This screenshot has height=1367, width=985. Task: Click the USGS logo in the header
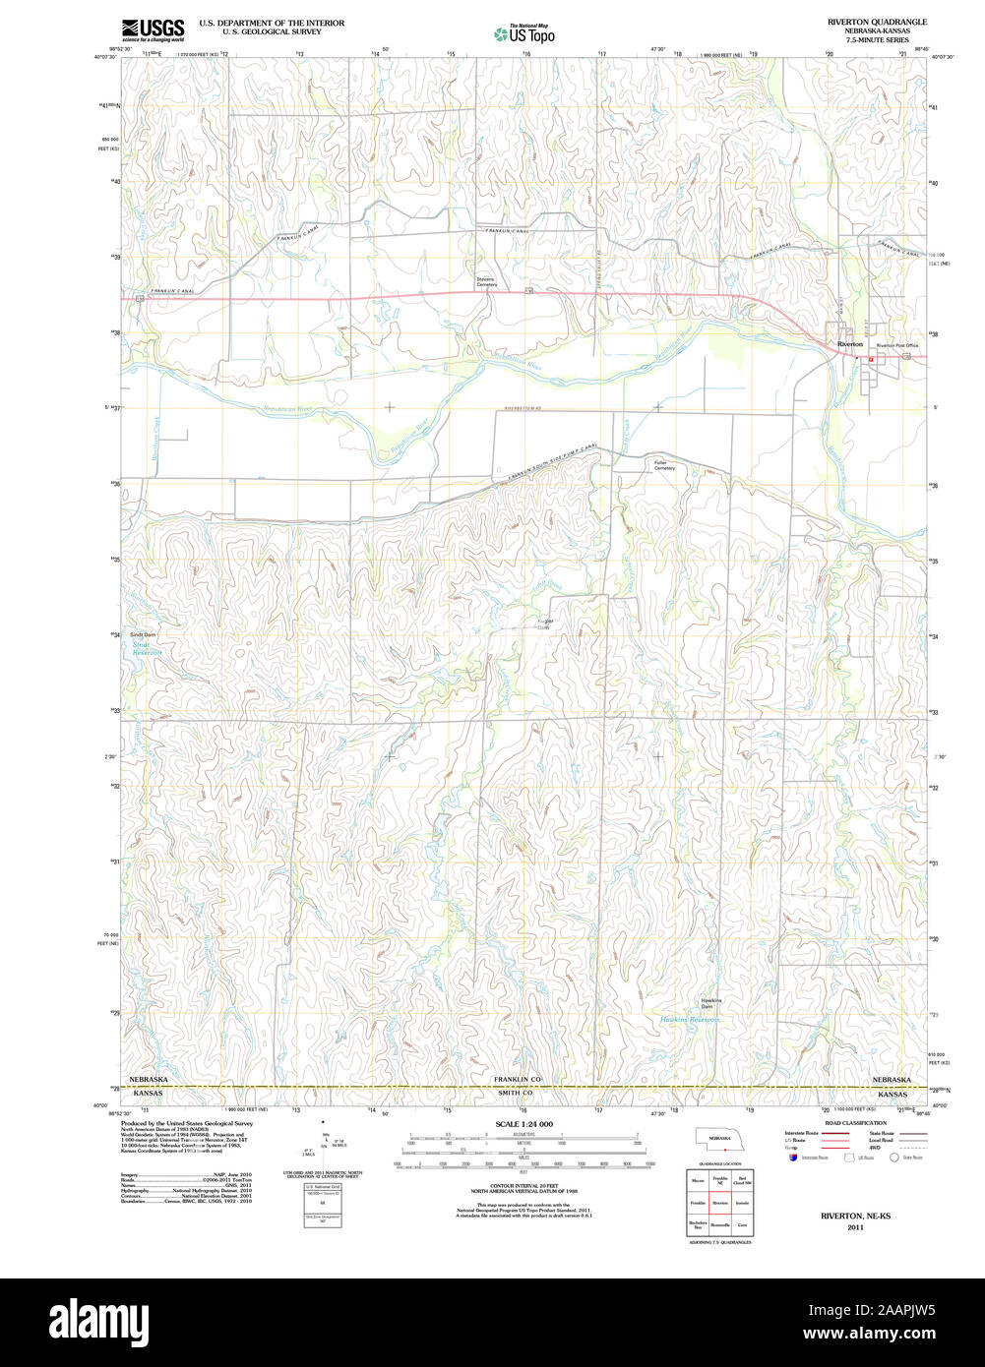(x=153, y=30)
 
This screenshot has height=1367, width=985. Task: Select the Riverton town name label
(x=849, y=344)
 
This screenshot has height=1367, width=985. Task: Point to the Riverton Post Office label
(x=896, y=346)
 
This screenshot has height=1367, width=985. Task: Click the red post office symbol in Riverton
(x=871, y=360)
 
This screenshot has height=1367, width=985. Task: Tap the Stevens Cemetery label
(x=486, y=281)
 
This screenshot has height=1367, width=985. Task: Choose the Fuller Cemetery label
(x=665, y=465)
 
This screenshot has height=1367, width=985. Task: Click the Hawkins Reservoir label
(x=689, y=1020)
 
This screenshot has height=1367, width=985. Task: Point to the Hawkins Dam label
(x=710, y=1003)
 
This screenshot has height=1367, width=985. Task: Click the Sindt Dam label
(x=144, y=635)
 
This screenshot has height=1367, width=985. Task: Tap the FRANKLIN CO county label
(x=518, y=1079)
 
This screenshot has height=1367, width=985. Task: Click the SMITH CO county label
(x=515, y=1093)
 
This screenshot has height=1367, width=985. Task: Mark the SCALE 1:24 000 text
(x=523, y=1124)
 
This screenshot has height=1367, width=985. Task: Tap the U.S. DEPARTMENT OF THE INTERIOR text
(x=272, y=22)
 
